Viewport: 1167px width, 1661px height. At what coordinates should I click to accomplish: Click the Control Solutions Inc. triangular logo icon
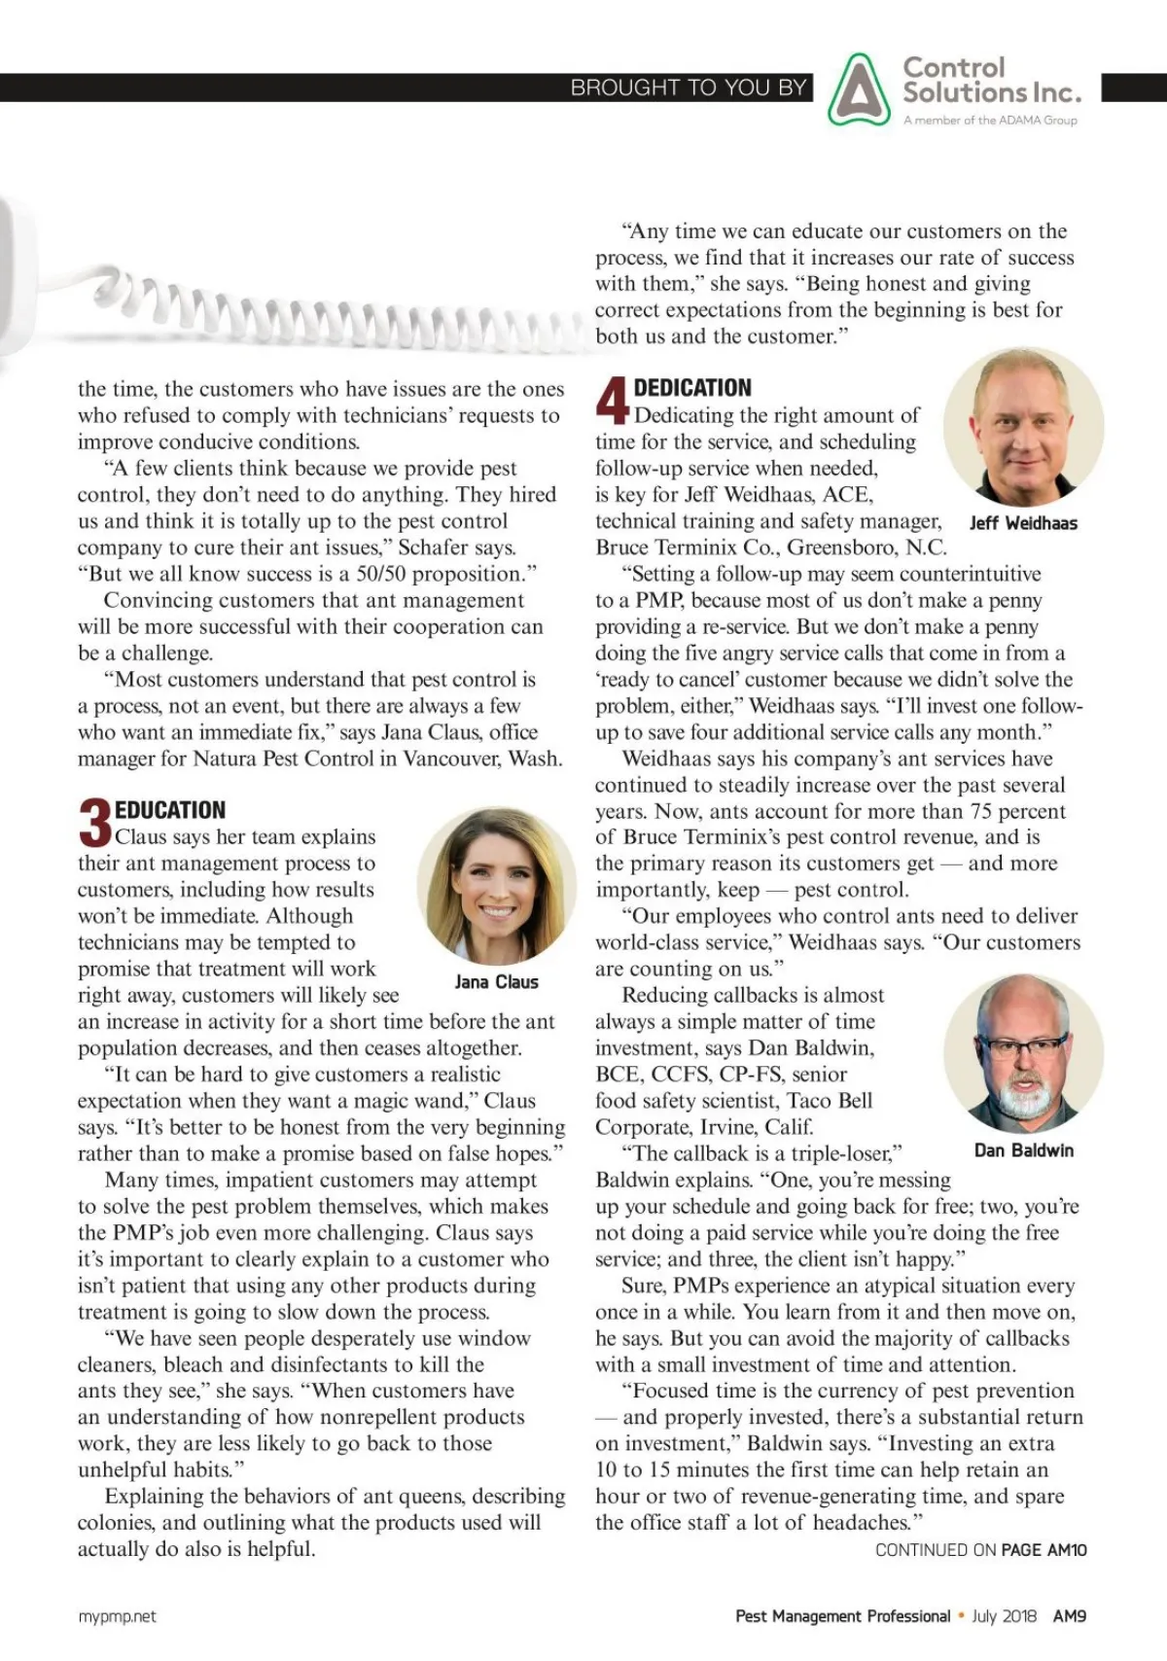pos(859,89)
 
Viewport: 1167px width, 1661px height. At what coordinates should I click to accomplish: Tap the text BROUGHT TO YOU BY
pos(689,88)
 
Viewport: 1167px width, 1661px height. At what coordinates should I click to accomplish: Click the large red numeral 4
pos(612,401)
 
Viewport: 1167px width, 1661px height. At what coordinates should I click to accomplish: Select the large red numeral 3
pos(94,823)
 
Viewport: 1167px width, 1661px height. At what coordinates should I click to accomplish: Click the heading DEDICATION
pos(692,388)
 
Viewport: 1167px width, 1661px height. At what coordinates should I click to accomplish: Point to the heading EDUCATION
pos(170,810)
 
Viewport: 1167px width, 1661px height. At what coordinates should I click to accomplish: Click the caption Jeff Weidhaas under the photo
pos(1023,523)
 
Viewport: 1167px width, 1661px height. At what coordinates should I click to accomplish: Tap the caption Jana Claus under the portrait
pos(496,982)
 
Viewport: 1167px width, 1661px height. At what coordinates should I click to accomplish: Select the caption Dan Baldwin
pos(1024,1150)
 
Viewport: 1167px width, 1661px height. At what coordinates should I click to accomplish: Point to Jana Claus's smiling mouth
pos(497,912)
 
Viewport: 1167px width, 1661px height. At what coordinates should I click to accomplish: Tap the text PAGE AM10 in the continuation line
pos(1043,1550)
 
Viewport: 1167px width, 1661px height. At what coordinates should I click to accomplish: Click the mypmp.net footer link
pos(117,1616)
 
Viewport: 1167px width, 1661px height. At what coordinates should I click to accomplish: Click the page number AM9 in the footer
pos(1070,1616)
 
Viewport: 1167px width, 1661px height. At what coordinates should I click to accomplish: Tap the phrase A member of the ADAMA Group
pos(990,121)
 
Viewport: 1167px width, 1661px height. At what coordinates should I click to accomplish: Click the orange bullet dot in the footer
pos(961,1616)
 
